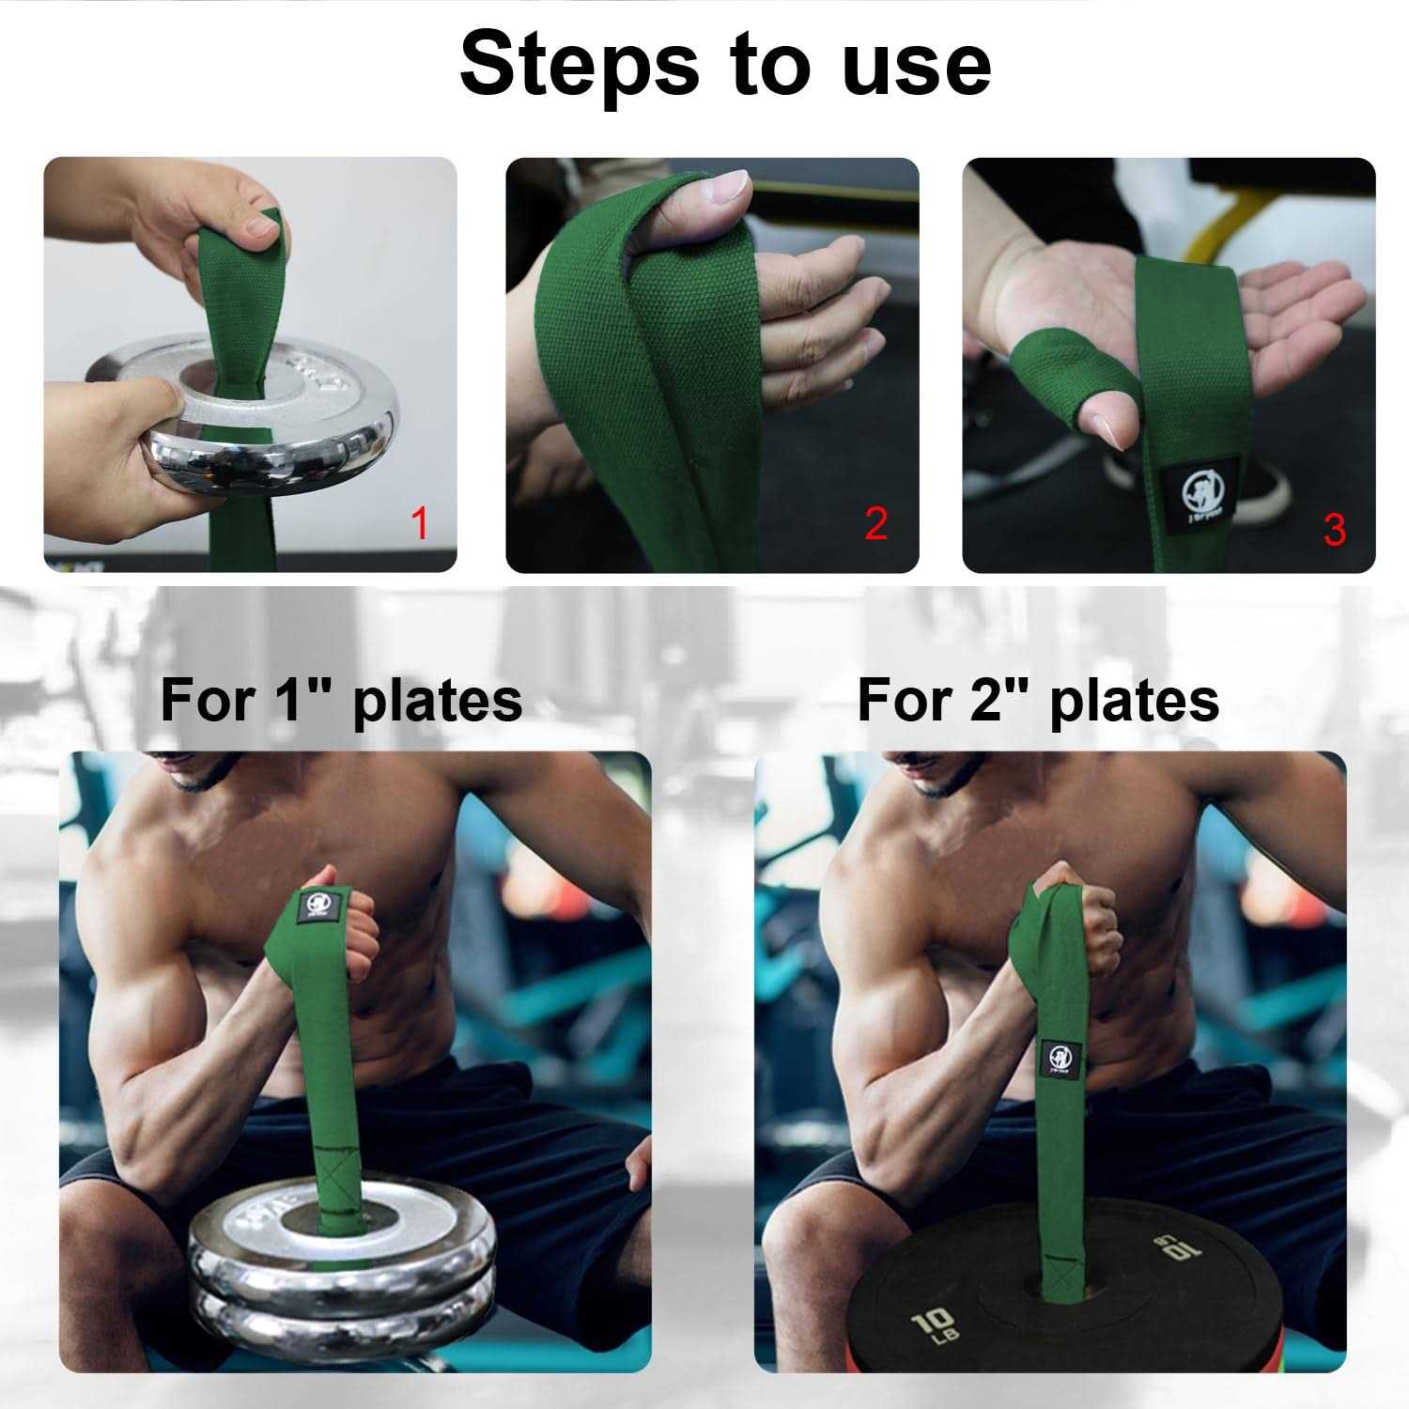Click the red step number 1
click(419, 523)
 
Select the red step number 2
click(875, 523)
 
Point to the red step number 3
click(1334, 529)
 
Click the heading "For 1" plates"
click(341, 700)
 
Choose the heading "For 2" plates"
click(1038, 700)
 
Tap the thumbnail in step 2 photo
click(726, 190)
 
